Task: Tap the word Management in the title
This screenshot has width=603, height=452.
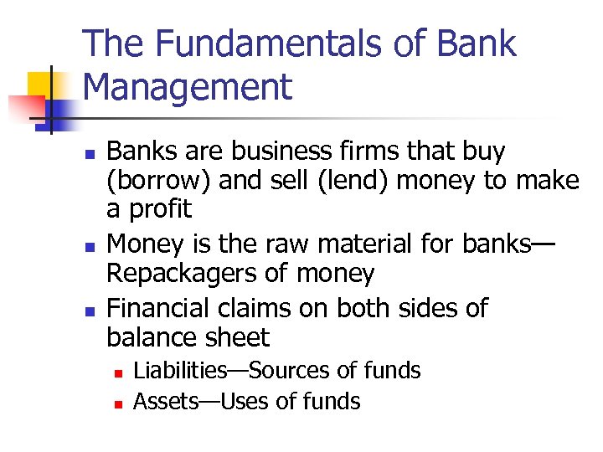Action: tap(188, 87)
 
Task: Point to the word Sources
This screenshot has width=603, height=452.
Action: tap(284, 370)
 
